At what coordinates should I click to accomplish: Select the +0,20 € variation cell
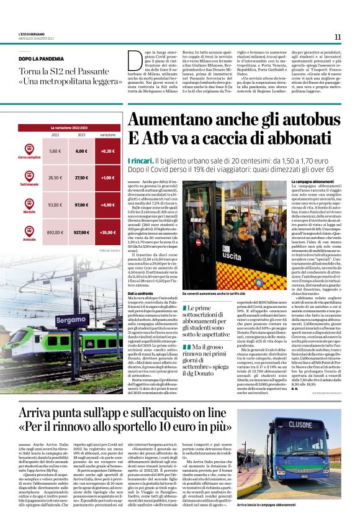click(x=108, y=151)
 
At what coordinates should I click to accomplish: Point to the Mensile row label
click(x=29, y=212)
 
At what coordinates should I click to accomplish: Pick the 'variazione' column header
click(x=107, y=134)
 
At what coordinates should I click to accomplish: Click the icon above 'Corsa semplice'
click(x=29, y=149)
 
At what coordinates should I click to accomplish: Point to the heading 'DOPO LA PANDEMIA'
click(x=40, y=60)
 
